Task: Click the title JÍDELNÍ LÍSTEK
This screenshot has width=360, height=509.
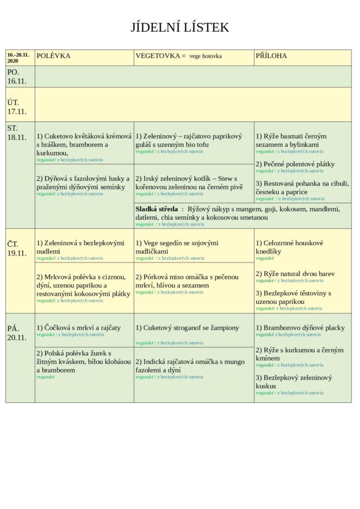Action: pos(180,28)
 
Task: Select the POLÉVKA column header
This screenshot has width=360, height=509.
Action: pos(54,56)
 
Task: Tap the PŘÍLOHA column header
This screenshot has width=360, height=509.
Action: pos(271,56)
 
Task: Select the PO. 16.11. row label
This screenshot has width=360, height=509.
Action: pos(14,77)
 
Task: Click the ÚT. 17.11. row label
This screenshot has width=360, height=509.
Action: pos(15,107)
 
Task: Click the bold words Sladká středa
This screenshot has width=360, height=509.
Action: pos(156,209)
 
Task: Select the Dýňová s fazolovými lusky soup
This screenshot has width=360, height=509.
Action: pos(84,183)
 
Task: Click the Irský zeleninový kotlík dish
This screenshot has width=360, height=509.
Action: pos(189,183)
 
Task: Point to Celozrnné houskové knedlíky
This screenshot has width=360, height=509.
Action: pos(289,247)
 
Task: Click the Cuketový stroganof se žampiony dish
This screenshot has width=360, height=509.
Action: pos(187,328)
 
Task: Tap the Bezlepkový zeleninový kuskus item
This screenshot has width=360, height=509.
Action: pos(294,382)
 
